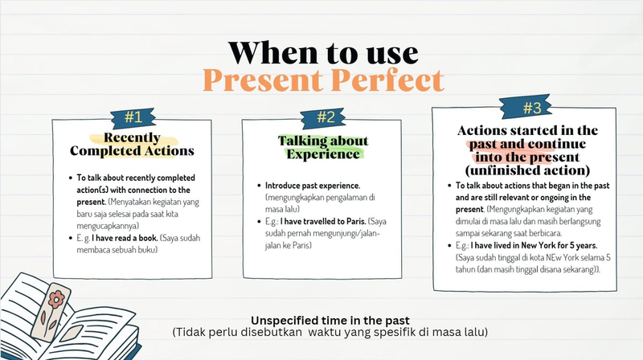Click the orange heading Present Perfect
(322, 80)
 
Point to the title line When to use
(323, 51)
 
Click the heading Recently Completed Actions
(132, 143)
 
